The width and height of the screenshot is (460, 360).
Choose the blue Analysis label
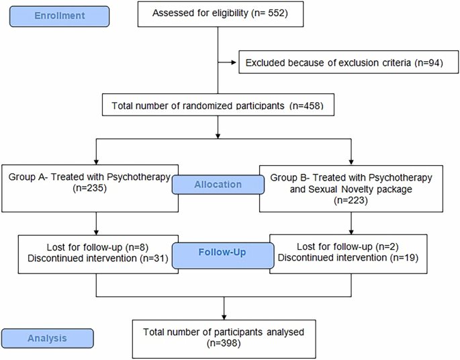tap(47, 339)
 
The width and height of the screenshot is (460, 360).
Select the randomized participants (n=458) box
tap(217, 105)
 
